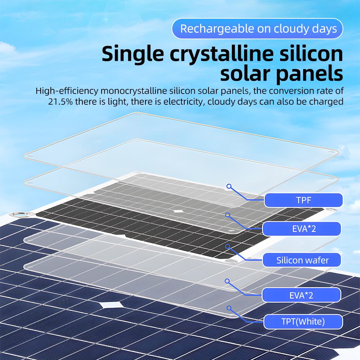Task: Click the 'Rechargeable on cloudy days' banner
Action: (x=257, y=29)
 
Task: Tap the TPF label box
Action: (x=303, y=200)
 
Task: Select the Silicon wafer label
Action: (x=302, y=260)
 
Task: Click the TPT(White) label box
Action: (x=303, y=321)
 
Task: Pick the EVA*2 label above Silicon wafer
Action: (x=302, y=229)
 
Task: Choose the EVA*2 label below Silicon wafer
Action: (x=301, y=295)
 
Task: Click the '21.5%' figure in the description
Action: (x=60, y=102)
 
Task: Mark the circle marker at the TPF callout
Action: (x=229, y=186)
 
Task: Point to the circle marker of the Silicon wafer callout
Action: (x=228, y=246)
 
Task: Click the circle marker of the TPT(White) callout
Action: (x=229, y=308)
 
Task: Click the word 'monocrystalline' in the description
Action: (x=134, y=91)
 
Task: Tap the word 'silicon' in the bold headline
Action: (x=311, y=54)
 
